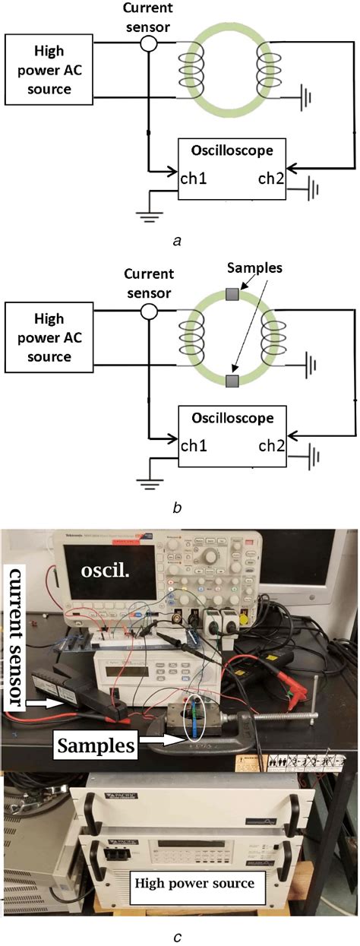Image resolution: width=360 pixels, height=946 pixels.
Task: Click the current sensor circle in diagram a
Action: pyautogui.click(x=150, y=44)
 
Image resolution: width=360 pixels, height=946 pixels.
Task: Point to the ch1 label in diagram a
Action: pyautogui.click(x=194, y=179)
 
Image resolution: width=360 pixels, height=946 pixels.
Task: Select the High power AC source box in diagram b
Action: pyautogui.click(x=50, y=334)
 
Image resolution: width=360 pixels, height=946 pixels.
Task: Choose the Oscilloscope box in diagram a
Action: pyautogui.click(x=232, y=168)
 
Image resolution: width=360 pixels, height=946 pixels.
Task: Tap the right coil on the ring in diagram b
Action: pyautogui.click(x=270, y=334)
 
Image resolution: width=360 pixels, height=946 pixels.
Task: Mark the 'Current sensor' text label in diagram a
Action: pyautogui.click(x=150, y=15)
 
